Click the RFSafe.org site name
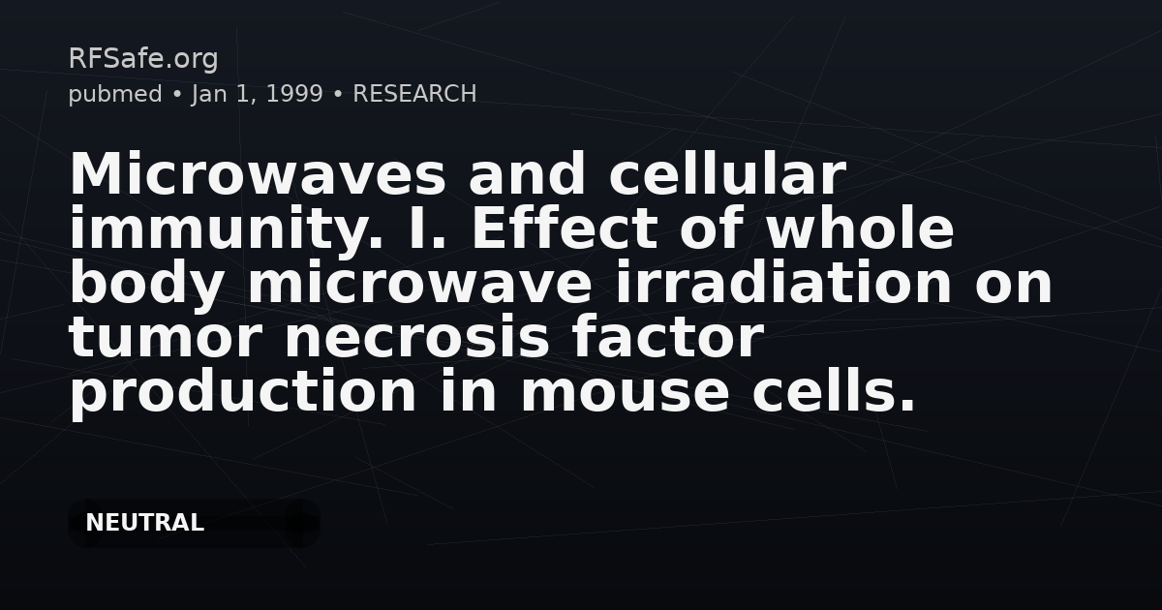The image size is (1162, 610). point(143,59)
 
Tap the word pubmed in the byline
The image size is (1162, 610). point(114,94)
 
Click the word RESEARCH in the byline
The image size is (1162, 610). point(414,94)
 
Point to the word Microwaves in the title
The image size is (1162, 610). point(258,176)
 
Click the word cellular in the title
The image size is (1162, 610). point(726,176)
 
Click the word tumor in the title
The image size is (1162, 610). point(164,339)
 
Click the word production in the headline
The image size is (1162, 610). point(243,393)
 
